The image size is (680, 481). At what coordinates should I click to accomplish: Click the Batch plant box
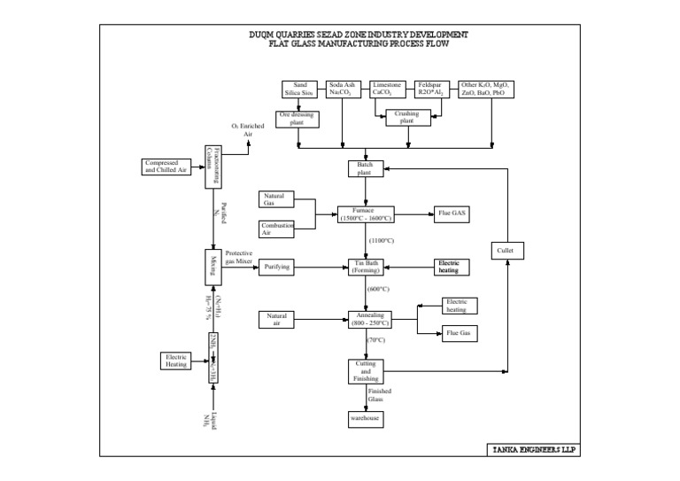[366, 168]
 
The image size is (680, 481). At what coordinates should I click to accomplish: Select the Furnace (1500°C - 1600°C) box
[366, 214]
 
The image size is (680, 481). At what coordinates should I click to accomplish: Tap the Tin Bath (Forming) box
[366, 266]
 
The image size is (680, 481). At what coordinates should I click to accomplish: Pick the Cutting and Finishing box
[366, 370]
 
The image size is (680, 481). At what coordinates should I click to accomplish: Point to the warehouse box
[366, 417]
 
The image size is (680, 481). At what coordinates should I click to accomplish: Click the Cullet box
[505, 251]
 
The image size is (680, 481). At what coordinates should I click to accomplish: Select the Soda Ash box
[343, 89]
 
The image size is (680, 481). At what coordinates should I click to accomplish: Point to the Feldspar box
[434, 89]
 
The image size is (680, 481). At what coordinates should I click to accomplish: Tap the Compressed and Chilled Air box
[166, 167]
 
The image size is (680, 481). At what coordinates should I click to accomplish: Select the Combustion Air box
[277, 229]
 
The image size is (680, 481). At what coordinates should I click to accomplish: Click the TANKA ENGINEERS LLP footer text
[534, 449]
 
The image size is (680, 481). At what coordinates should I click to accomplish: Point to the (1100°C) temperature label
[381, 240]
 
